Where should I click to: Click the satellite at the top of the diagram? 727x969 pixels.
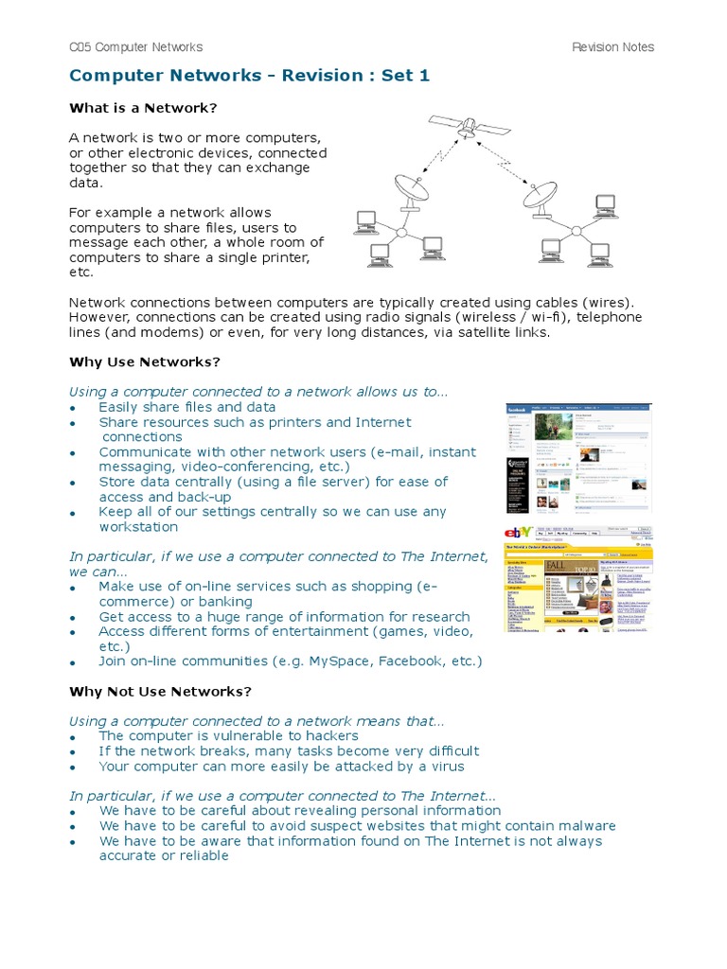tap(454, 126)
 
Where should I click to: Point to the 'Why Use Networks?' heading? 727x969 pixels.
tap(145, 361)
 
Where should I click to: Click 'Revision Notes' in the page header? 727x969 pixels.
tap(612, 47)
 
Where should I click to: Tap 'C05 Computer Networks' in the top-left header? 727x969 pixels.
tap(135, 47)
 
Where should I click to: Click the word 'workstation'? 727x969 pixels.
tap(138, 527)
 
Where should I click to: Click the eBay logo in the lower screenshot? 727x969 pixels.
tap(520, 533)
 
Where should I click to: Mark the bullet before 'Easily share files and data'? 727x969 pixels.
tap(73, 408)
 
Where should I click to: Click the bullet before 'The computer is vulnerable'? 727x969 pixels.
tap(73, 737)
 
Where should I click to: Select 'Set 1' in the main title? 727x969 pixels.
tap(406, 76)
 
